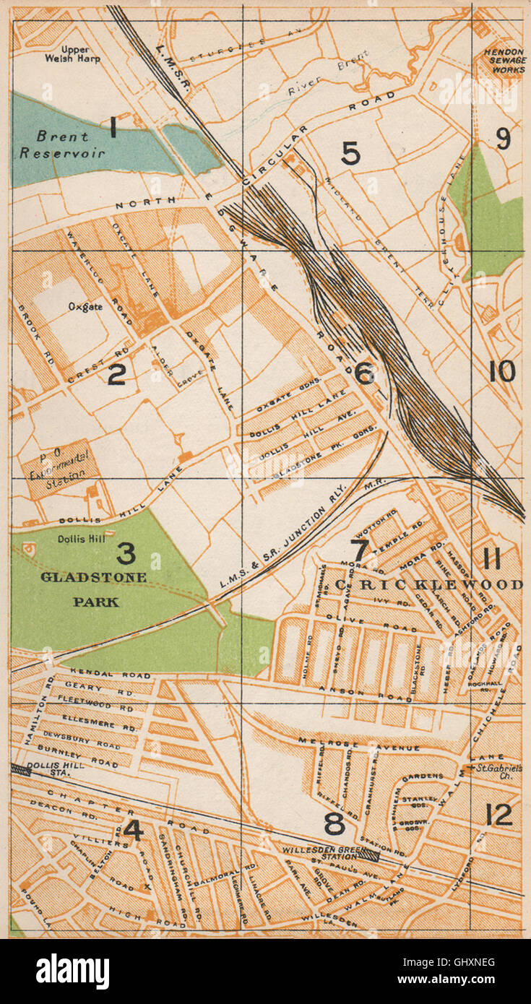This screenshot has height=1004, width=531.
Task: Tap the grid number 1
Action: pos(113,128)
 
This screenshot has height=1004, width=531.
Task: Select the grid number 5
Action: pos(350,153)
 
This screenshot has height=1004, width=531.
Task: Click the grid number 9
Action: pos(504,139)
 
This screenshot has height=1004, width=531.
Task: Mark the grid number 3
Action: pos(126,554)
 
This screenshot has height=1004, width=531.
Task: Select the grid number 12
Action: pos(499,815)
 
